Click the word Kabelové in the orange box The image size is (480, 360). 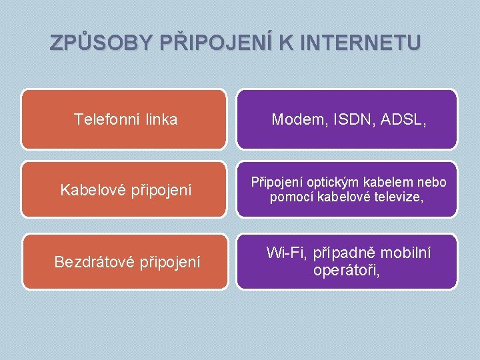click(89, 190)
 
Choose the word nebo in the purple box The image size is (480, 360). click(432, 183)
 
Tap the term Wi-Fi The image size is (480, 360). click(285, 253)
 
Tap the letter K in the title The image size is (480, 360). click(285, 43)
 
